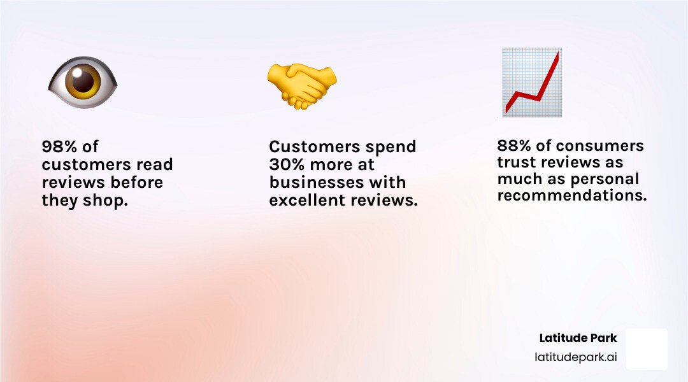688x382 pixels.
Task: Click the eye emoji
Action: point(83,83)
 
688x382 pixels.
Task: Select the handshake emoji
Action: point(301,85)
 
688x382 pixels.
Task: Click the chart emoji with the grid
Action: point(532,83)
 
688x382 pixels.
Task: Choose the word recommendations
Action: point(571,195)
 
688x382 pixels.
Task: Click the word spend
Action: point(390,147)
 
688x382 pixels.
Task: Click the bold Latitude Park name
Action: point(578,338)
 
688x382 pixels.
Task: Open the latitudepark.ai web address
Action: point(575,357)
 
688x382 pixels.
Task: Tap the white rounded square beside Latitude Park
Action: point(647,349)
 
